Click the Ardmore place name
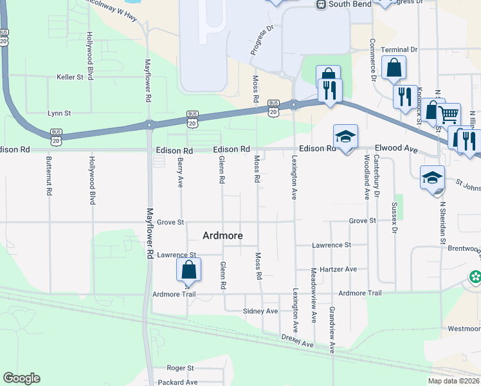coord(222,235)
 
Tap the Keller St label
coord(70,77)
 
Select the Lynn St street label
coord(59,113)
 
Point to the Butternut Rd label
coord(48,180)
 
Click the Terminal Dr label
coord(399,50)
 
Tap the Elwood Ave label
coord(397,149)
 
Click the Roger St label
coord(180,368)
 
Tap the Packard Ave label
coord(178,382)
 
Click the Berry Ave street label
coord(180,173)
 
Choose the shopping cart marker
coord(448,115)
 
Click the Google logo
coord(21,378)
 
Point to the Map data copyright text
coord(453,381)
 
